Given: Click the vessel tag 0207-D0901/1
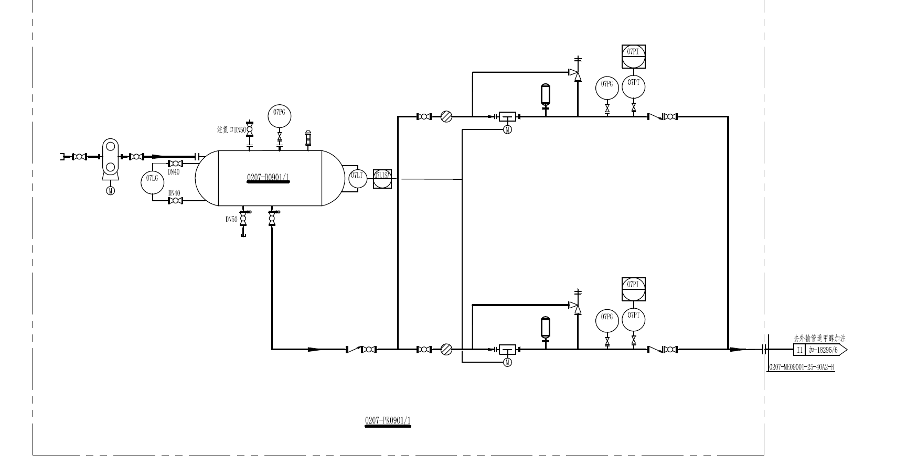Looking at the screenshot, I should point(268,178).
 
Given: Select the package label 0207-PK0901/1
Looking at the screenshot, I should point(388,420).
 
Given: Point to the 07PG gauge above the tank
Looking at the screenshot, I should point(279,115).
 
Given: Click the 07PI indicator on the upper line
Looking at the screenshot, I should point(634,56).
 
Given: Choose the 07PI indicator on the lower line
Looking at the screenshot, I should point(634,289).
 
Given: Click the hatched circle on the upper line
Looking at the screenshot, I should point(446,116).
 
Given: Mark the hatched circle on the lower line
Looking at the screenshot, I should point(446,349).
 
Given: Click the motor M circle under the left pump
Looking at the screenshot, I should point(110,191).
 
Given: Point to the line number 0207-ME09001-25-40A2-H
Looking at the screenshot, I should point(801,367).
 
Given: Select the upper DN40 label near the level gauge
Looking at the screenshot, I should point(174,172).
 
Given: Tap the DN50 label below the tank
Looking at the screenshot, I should point(231,220).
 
